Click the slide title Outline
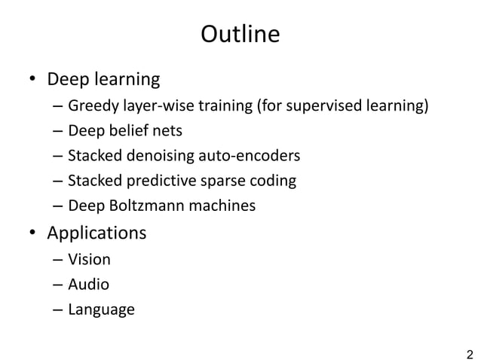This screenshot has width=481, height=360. (x=240, y=35)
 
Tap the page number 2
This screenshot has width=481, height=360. (x=470, y=353)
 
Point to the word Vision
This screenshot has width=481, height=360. (x=89, y=259)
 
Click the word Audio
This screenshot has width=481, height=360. (x=88, y=284)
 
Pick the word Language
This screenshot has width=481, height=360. (x=101, y=310)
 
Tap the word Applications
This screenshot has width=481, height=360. (x=97, y=233)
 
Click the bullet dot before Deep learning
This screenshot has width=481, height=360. (x=33, y=80)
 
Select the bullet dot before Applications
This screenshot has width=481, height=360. (x=33, y=233)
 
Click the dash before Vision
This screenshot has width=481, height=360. (x=58, y=260)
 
